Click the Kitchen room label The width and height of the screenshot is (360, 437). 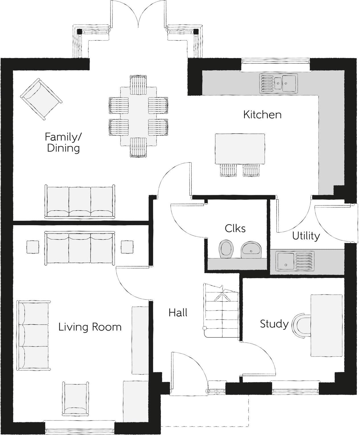pos(262,115)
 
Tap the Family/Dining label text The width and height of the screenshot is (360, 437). pos(63,143)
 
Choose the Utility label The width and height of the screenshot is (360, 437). pos(306,236)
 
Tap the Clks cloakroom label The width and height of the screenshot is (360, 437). pos(235,228)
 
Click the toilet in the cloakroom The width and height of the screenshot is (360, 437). pos(226,249)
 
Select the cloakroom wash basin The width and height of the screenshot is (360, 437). pos(251,250)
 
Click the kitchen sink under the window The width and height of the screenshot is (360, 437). pos(278,83)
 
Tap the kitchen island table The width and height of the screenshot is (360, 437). pos(240,149)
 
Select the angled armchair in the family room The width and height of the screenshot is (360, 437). pos(41,99)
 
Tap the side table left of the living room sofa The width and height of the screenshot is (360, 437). pos(32,247)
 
